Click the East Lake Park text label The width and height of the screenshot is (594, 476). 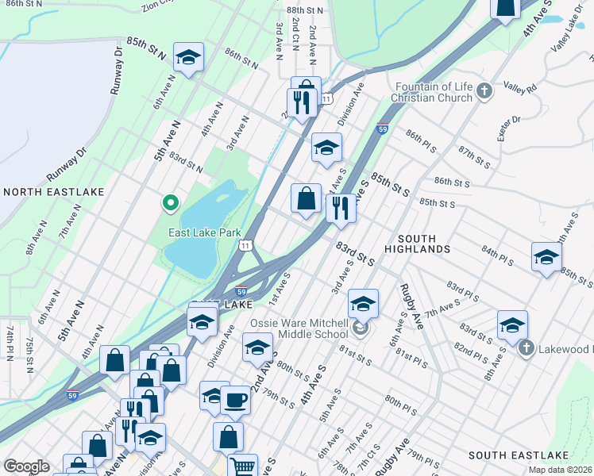pyautogui.click(x=204, y=233)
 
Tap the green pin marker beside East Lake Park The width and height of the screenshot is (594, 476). pyautogui.click(x=169, y=204)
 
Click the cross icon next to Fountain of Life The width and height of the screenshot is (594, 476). pyautogui.click(x=485, y=93)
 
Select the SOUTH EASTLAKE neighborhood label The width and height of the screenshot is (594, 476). pyautogui.click(x=519, y=455)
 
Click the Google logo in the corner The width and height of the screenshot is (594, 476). pyautogui.click(x=26, y=466)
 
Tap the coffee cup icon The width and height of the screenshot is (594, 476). pyautogui.click(x=235, y=399)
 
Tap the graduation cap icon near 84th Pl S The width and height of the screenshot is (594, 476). pyautogui.click(x=546, y=257)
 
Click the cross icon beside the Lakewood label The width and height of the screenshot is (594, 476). pyautogui.click(x=525, y=348)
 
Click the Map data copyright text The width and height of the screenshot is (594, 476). pyautogui.click(x=561, y=470)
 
